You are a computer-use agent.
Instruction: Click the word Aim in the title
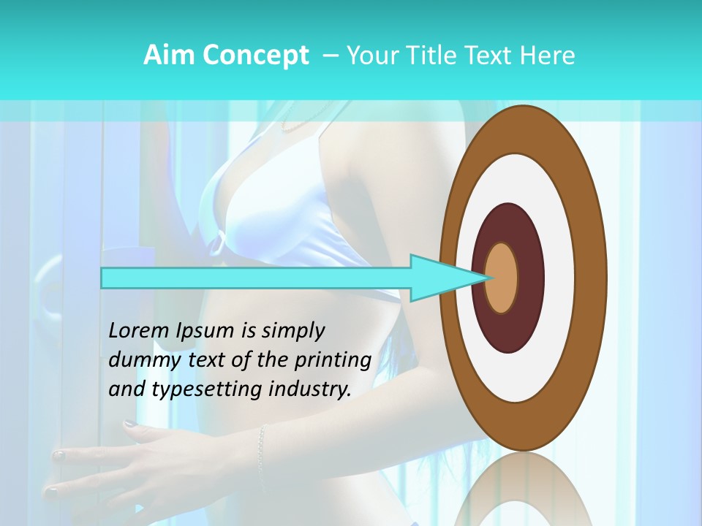167,56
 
